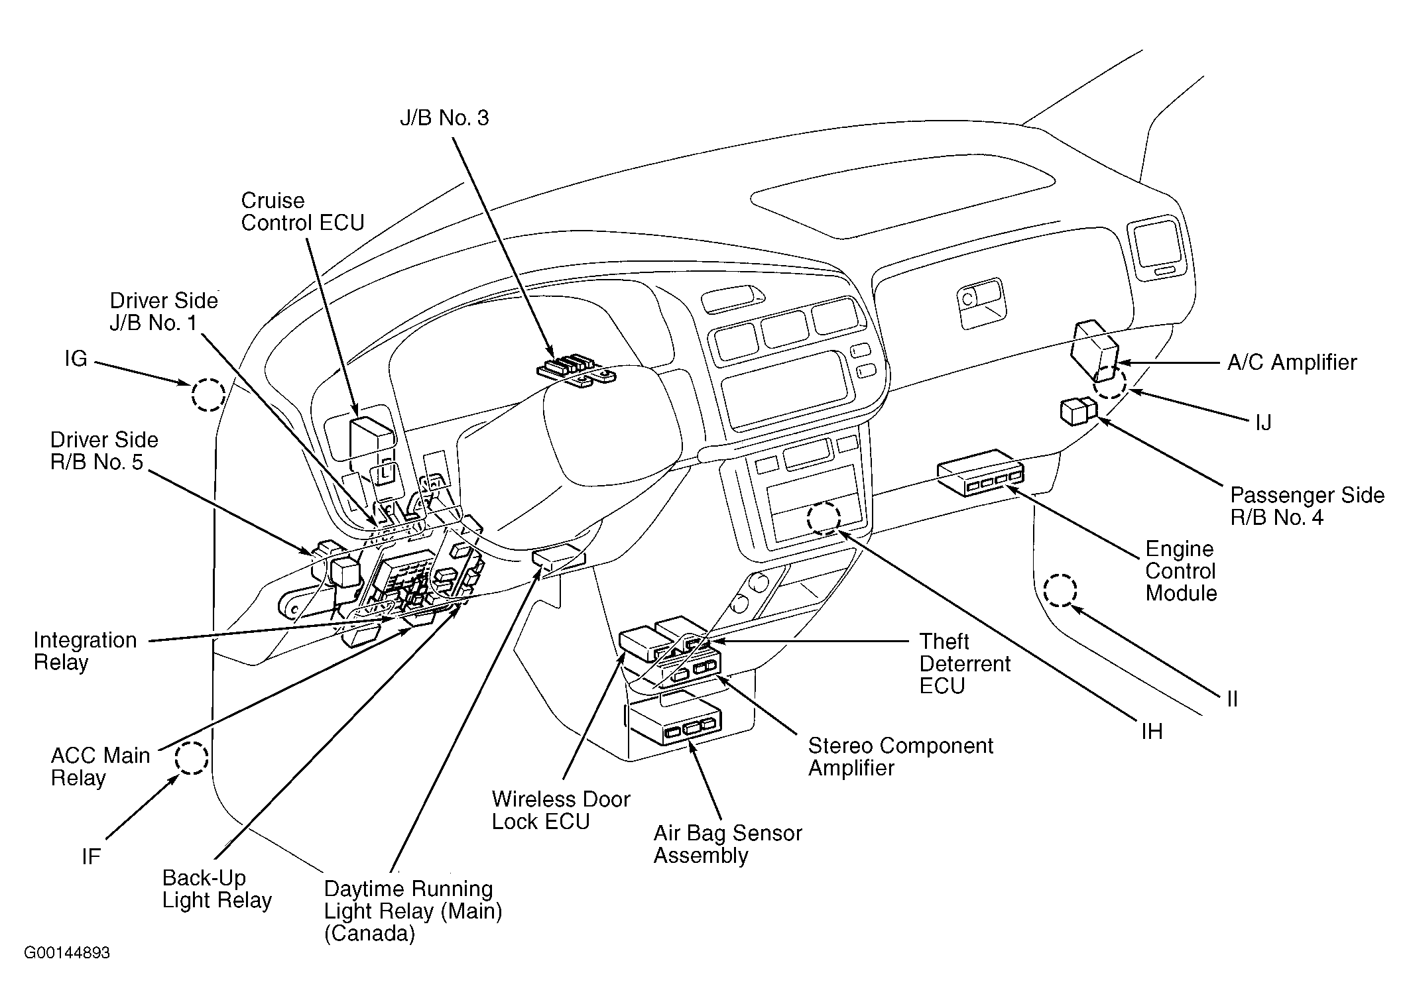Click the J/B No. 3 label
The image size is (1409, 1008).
pyautogui.click(x=444, y=118)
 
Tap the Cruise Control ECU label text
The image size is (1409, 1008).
pyautogui.click(x=302, y=211)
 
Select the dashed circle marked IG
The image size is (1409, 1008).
pyautogui.click(x=208, y=395)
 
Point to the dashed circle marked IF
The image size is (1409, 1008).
pyautogui.click(x=192, y=758)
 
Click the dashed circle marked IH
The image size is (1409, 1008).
pyautogui.click(x=824, y=518)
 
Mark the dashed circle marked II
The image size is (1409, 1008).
pyautogui.click(x=1060, y=590)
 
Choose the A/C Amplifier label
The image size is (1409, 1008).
pyautogui.click(x=1292, y=363)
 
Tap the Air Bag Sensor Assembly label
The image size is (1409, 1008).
pyautogui.click(x=727, y=844)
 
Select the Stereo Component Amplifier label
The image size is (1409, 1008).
pyautogui.click(x=900, y=756)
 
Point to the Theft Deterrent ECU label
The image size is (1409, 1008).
pyautogui.click(x=965, y=663)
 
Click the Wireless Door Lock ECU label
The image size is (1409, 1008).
pyautogui.click(x=560, y=810)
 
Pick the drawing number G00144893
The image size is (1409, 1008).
pyautogui.click(x=67, y=953)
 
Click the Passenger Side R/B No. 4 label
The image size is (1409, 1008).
pyautogui.click(x=1307, y=506)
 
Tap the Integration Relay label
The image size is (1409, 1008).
pyautogui.click(x=85, y=651)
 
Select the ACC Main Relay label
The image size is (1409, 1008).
pyautogui.click(x=100, y=766)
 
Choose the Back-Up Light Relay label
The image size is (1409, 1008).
pyautogui.click(x=217, y=889)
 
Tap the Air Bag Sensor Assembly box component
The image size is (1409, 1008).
pyautogui.click(x=674, y=725)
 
